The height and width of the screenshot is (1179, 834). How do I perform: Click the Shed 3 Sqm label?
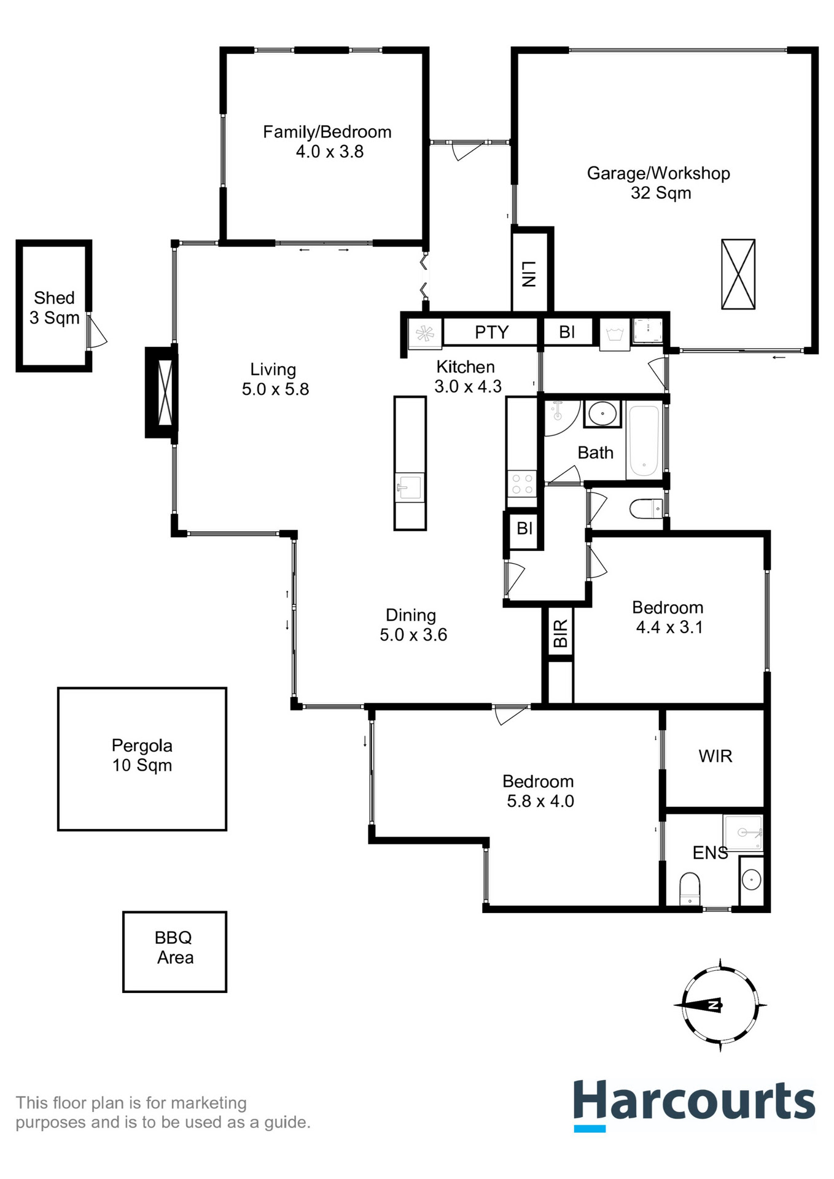click(54, 308)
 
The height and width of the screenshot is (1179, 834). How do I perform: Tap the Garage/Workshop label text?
click(658, 174)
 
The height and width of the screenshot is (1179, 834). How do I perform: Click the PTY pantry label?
click(491, 332)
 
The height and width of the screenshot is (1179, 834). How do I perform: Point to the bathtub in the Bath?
click(643, 442)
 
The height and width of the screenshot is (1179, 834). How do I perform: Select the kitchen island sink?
click(409, 488)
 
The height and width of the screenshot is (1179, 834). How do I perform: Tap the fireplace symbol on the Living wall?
click(164, 392)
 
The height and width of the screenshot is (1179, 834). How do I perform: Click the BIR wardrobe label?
click(560, 633)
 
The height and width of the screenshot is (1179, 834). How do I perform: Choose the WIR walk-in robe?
click(715, 757)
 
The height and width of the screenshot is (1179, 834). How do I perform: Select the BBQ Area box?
click(174, 951)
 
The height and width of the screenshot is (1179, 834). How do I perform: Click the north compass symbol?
click(720, 1005)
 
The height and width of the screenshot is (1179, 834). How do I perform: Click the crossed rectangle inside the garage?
click(738, 274)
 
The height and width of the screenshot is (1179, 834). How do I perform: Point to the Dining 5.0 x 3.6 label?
click(413, 625)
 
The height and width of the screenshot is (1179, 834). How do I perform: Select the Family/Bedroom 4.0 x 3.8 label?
click(327, 142)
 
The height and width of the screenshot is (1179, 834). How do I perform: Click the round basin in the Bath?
click(602, 413)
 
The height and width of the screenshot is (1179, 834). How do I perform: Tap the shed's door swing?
click(97, 333)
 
